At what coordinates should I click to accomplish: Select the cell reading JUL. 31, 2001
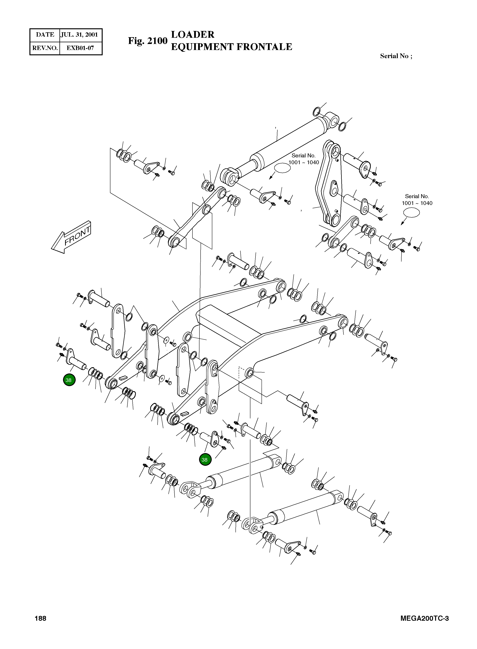(x=79, y=35)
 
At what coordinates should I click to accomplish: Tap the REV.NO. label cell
(x=45, y=48)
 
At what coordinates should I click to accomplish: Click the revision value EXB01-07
(x=80, y=48)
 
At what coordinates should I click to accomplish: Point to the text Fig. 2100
(x=148, y=41)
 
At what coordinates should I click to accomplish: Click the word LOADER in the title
(x=193, y=35)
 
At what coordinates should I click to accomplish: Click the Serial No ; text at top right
(x=396, y=56)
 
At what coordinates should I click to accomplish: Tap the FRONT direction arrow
(x=71, y=237)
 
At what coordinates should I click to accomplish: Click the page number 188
(x=40, y=626)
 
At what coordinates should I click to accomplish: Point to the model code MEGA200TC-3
(x=424, y=626)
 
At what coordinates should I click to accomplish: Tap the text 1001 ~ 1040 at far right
(x=417, y=203)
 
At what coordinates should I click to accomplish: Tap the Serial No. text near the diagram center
(x=303, y=156)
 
